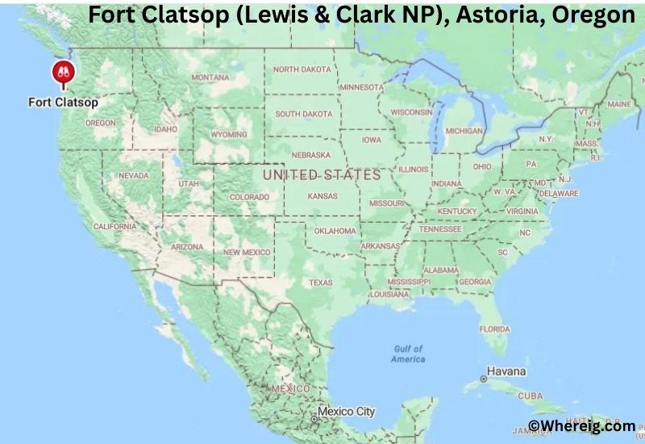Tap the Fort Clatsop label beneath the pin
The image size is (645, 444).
click(63, 103)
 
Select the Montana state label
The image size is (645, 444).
click(210, 77)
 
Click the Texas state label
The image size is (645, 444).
click(320, 283)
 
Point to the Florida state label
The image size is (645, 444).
click(494, 329)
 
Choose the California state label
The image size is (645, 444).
click(114, 227)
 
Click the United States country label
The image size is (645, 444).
click(322, 174)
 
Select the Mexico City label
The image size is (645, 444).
click(346, 412)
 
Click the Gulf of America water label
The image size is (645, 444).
click(408, 354)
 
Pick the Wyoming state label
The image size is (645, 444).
click(229, 134)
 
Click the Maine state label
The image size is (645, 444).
click(619, 104)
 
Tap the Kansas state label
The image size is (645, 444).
click(322, 196)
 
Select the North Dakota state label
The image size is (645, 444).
click(302, 69)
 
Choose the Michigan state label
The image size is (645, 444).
click(464, 130)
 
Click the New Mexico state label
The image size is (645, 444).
click(246, 253)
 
